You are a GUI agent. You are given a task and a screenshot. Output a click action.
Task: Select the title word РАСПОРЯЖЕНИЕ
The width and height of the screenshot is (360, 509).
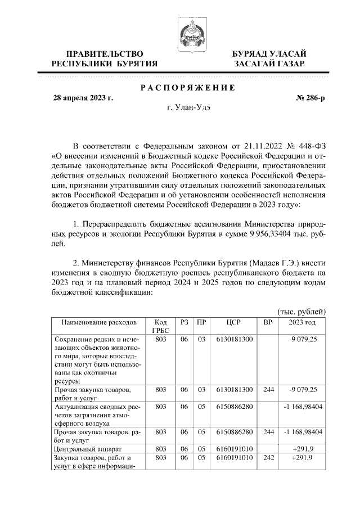point(187,88)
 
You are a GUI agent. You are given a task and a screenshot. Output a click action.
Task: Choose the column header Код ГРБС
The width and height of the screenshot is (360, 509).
point(160,327)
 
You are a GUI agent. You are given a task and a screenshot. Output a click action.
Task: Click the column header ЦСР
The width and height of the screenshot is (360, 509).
point(233,323)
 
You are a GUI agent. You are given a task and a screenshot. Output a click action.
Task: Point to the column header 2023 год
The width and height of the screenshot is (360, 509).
point(302,323)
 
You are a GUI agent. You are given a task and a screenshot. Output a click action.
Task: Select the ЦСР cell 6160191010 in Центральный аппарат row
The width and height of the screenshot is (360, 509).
point(233,449)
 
